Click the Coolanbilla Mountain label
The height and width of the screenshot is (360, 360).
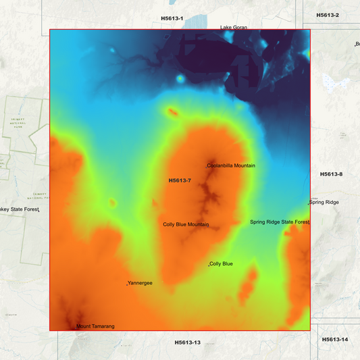point(231,165)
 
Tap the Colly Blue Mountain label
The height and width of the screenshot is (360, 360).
point(186,224)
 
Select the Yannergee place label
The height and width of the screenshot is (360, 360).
point(140,283)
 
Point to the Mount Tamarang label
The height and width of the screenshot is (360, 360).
point(95,326)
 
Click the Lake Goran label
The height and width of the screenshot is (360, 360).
point(234,28)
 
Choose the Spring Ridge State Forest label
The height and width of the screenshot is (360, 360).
point(279,222)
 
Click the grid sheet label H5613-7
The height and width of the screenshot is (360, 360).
point(180,180)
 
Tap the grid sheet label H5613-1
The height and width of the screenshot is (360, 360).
point(172,18)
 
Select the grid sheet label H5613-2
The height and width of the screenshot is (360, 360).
point(327,15)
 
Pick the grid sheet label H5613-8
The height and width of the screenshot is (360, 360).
point(331,174)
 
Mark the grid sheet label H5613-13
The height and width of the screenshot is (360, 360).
point(187,342)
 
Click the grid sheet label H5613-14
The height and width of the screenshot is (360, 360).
point(334,339)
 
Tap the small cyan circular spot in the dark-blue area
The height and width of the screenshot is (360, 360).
point(180,79)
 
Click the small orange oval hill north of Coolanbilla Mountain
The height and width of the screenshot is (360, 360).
point(172,112)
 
